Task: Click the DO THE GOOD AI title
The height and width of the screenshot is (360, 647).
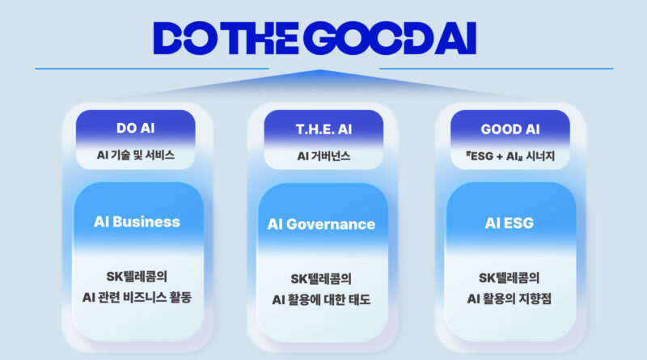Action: click(x=315, y=38)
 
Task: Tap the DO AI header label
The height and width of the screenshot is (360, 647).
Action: click(x=135, y=128)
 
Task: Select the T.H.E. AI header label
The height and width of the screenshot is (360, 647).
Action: click(x=324, y=129)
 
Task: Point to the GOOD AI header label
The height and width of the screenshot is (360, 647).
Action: click(x=510, y=129)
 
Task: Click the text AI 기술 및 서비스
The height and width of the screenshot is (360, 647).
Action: click(x=136, y=155)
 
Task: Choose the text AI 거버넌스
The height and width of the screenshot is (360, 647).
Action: click(x=324, y=156)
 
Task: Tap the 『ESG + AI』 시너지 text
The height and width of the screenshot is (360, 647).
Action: click(x=510, y=156)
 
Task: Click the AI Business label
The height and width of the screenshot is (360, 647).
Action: click(x=137, y=222)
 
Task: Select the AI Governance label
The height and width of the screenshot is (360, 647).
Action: click(x=321, y=224)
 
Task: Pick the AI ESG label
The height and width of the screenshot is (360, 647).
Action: click(x=510, y=223)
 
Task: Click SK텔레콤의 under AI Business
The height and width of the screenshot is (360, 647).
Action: click(x=137, y=276)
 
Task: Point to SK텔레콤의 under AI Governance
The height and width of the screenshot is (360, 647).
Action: click(x=321, y=278)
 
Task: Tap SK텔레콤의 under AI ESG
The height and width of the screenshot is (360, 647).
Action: click(x=510, y=277)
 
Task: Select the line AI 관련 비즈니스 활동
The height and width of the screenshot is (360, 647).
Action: click(x=137, y=297)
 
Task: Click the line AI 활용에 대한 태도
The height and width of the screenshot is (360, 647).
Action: click(x=321, y=299)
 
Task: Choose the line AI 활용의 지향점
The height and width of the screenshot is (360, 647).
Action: click(x=510, y=299)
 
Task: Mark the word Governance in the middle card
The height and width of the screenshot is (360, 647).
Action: click(x=331, y=224)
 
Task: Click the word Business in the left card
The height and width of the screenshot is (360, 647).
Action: click(x=146, y=222)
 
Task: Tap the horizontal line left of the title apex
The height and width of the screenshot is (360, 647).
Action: click(x=152, y=69)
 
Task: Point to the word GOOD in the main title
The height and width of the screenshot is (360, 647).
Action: click(x=367, y=38)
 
